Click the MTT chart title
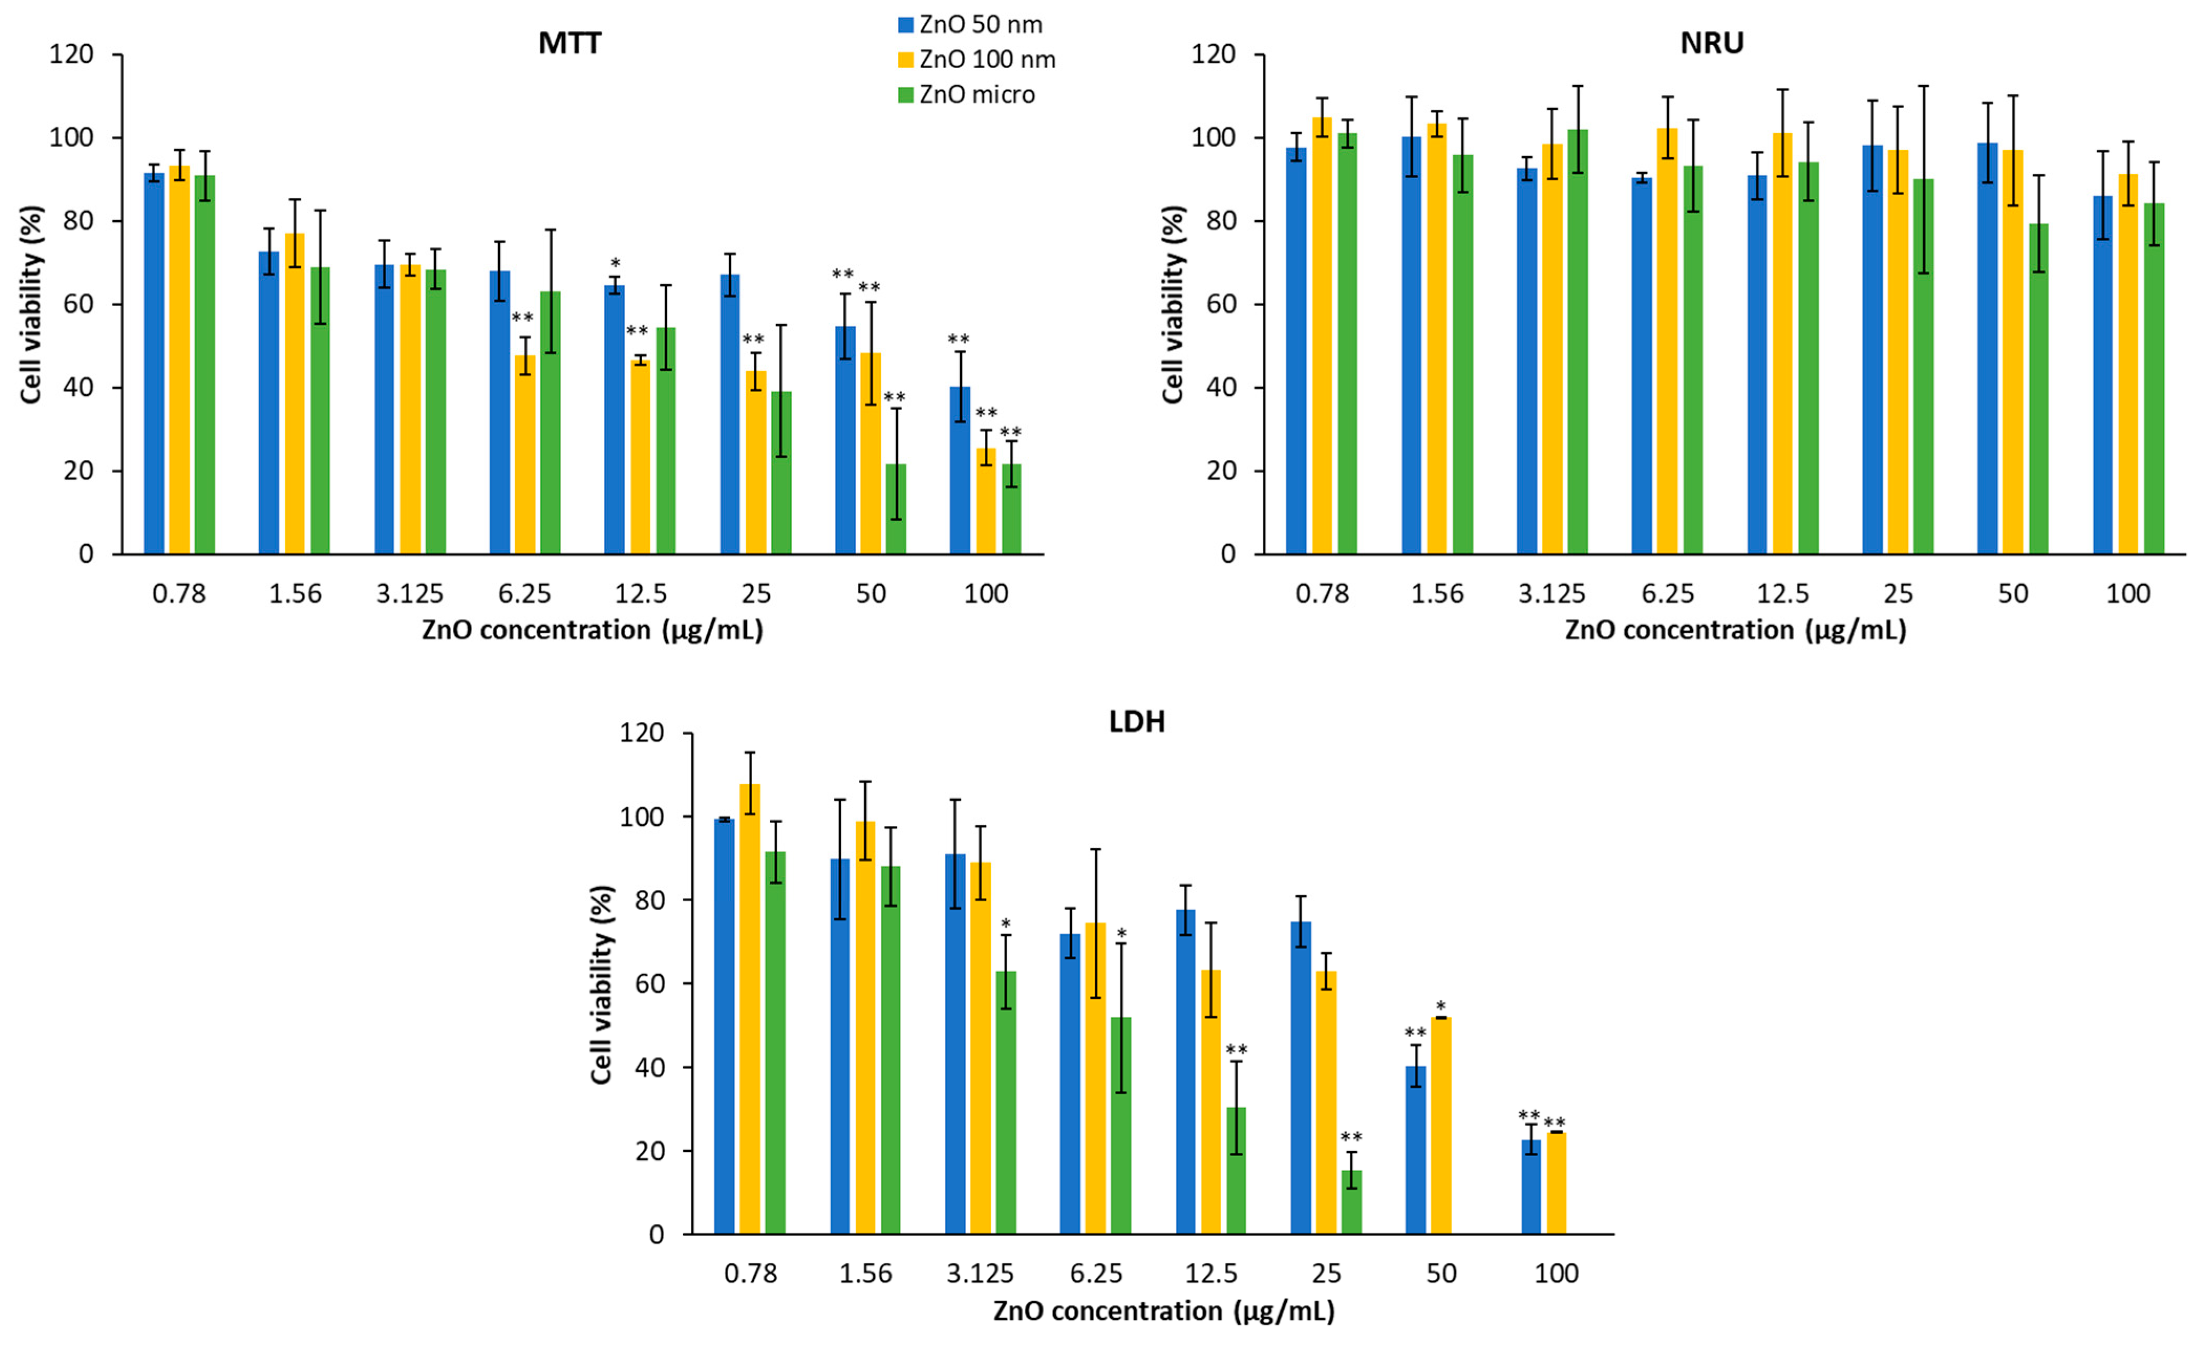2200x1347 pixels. click(x=569, y=43)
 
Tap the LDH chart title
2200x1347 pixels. click(x=1136, y=721)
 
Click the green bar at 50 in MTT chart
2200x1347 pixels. click(x=896, y=509)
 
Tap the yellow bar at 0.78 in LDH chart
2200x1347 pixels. click(x=750, y=1009)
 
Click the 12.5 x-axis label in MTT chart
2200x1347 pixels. click(x=640, y=594)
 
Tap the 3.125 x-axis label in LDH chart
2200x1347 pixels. click(x=980, y=1273)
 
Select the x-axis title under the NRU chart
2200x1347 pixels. click(x=1735, y=630)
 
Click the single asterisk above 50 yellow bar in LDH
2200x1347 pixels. click(x=1440, y=1007)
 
